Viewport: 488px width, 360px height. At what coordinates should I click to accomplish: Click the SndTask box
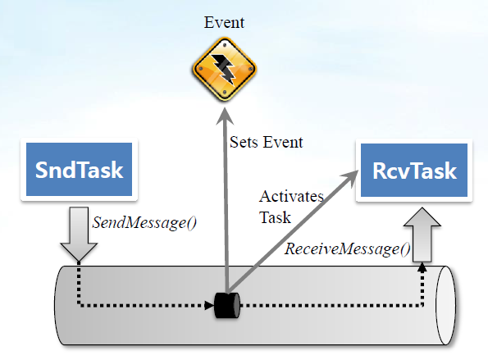pos(79,169)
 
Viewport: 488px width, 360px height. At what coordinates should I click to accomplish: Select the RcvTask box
pos(414,171)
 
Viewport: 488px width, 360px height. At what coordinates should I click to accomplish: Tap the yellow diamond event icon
pos(225,69)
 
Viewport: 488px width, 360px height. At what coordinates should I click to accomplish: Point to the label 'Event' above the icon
pos(224,22)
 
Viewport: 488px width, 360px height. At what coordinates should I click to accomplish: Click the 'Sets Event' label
pos(266,142)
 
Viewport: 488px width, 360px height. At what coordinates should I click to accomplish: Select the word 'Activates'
pos(291,196)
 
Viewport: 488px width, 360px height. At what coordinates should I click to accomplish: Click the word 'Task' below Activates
pos(275,217)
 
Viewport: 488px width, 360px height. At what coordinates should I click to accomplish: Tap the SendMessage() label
pos(144,223)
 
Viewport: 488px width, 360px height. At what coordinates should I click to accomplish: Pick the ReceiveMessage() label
pos(347,249)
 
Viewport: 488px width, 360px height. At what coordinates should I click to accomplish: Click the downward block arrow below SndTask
pos(79,234)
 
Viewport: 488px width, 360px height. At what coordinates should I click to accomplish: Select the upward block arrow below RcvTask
pos(422,235)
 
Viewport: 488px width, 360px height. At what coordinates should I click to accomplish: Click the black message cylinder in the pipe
pos(227,305)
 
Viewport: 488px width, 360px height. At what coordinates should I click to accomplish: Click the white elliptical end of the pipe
pos(445,305)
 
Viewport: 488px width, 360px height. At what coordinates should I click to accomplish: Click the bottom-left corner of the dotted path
pos(79,305)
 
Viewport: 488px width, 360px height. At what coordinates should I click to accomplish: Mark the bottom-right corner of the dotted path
pos(422,305)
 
